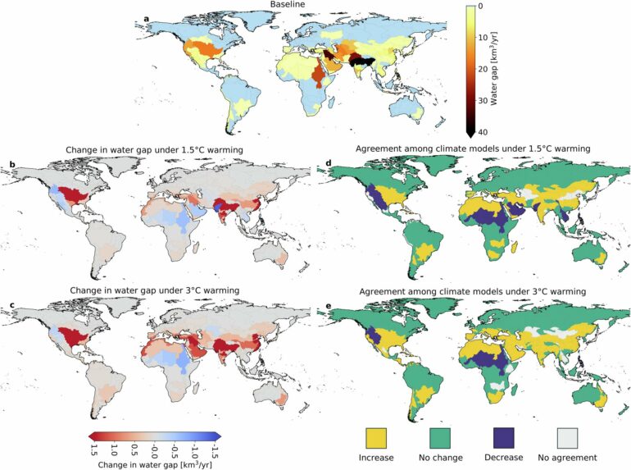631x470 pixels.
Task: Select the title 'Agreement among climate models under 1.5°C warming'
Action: (474, 149)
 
